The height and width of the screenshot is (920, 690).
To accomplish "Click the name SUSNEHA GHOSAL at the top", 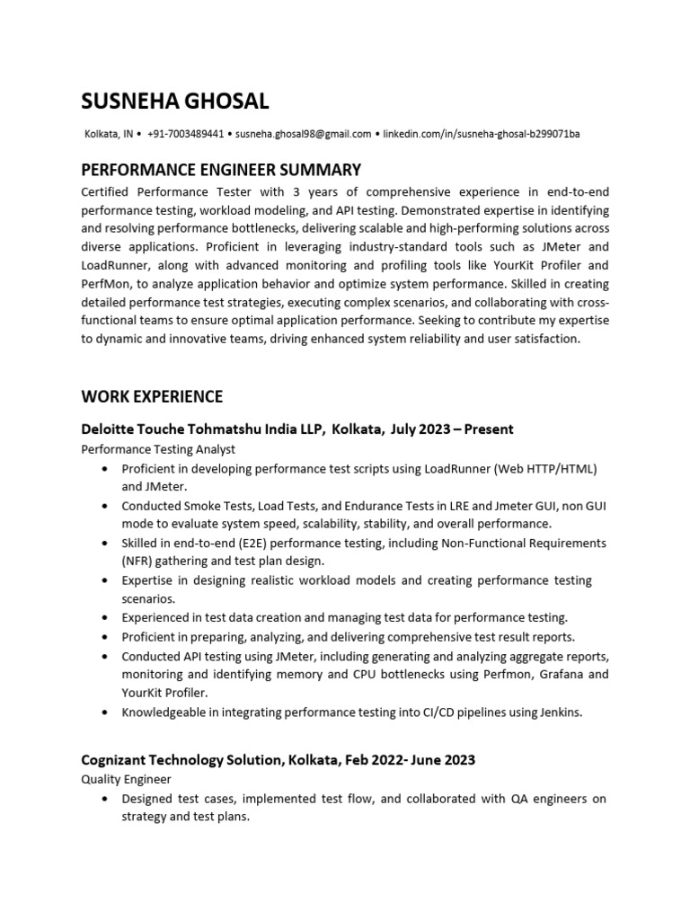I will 174,100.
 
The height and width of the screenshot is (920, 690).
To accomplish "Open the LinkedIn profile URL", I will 482,135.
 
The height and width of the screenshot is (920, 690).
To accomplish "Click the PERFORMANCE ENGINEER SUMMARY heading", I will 221,169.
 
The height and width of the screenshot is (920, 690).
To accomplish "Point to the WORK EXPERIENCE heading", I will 152,396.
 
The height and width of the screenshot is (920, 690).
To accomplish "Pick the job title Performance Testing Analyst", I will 158,449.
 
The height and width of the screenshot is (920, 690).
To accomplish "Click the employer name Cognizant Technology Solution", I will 183,759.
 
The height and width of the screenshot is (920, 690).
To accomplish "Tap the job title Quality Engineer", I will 126,779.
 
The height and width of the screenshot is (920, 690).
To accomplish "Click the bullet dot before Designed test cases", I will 107,799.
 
